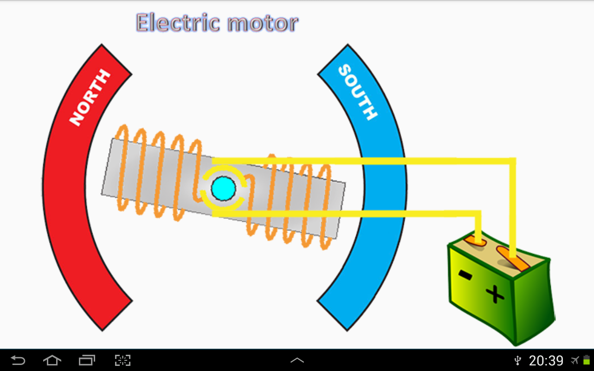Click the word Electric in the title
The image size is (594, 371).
178,23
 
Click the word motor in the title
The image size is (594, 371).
263,23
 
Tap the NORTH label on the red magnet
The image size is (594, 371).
90,97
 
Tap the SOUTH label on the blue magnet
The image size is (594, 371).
358,92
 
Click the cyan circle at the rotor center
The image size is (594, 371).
223,188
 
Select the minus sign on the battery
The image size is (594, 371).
465,275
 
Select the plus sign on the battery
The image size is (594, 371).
495,294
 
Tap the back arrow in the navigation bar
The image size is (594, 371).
18,360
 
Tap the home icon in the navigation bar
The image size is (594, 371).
52,360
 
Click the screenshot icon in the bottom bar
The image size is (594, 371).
123,360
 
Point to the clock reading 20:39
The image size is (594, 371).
546,361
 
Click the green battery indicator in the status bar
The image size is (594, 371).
587,360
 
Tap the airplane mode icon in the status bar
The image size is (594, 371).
575,360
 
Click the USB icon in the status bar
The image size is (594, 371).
517,361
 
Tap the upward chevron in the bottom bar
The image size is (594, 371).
297,360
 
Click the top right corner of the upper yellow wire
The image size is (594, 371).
516,158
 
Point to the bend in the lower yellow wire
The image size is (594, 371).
478,214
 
